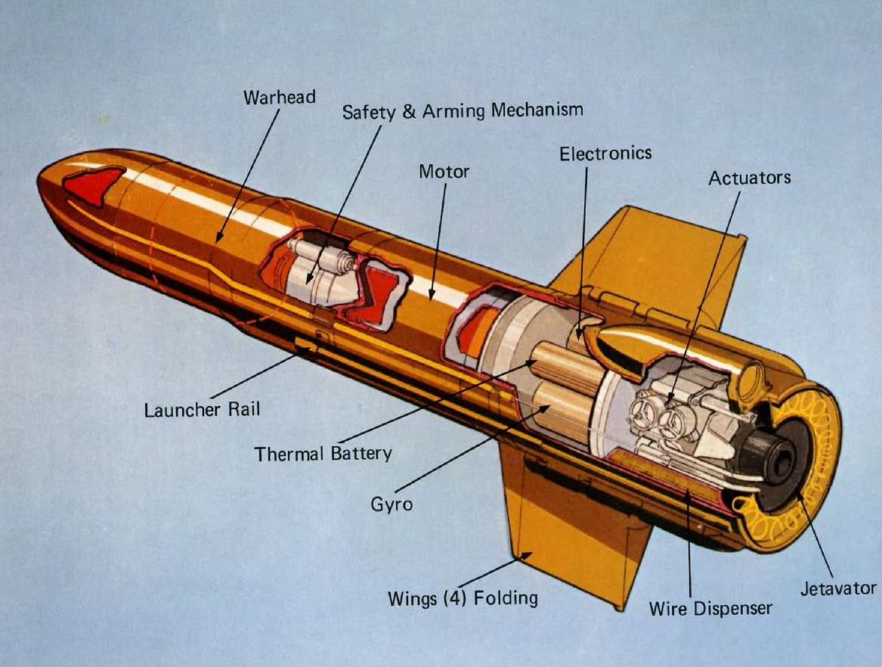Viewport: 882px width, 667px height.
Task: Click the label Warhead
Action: [279, 97]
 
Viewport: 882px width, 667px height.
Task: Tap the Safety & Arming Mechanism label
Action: [463, 111]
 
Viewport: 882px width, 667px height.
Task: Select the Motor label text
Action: [444, 172]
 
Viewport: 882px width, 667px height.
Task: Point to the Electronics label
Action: [605, 154]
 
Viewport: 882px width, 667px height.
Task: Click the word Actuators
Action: [749, 178]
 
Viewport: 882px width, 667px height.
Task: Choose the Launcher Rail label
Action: [202, 409]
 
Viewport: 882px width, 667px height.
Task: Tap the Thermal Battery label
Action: [323, 454]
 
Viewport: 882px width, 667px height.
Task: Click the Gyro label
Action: [391, 503]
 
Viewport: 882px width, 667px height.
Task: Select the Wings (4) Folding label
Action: [463, 598]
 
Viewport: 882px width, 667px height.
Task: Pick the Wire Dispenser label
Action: [710, 607]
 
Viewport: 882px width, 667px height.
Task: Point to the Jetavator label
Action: [838, 588]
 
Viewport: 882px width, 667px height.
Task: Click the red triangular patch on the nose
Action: [92, 185]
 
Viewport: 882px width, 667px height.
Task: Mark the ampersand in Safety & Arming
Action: [409, 112]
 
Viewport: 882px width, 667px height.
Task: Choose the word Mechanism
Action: [537, 110]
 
